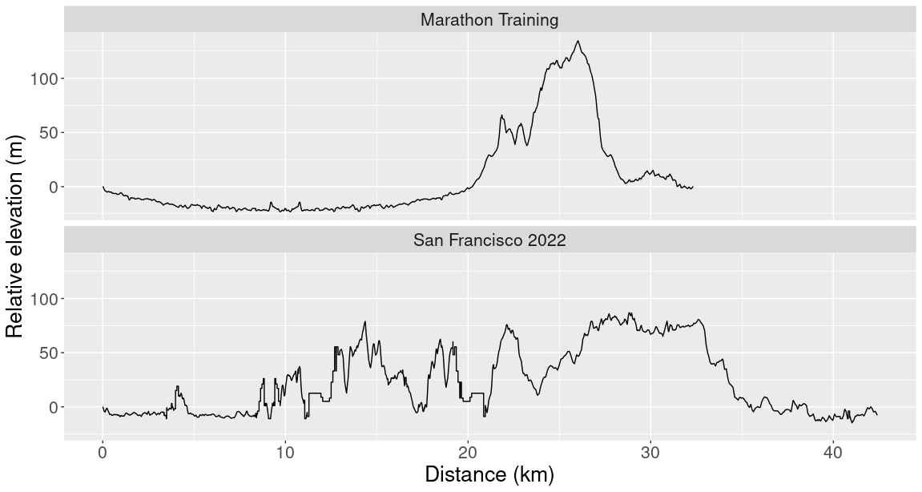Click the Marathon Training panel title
(x=489, y=20)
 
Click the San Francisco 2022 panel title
(x=489, y=240)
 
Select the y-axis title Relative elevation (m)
(x=15, y=236)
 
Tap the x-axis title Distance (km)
(x=489, y=474)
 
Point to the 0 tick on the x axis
(x=103, y=450)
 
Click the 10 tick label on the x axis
(x=285, y=450)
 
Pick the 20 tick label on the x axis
(x=468, y=450)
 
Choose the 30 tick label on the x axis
(x=650, y=450)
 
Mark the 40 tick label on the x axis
(x=833, y=450)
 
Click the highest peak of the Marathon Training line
(x=578, y=42)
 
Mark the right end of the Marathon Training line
(x=693, y=187)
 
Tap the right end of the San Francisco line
(x=877, y=414)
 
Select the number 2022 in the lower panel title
(x=546, y=240)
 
